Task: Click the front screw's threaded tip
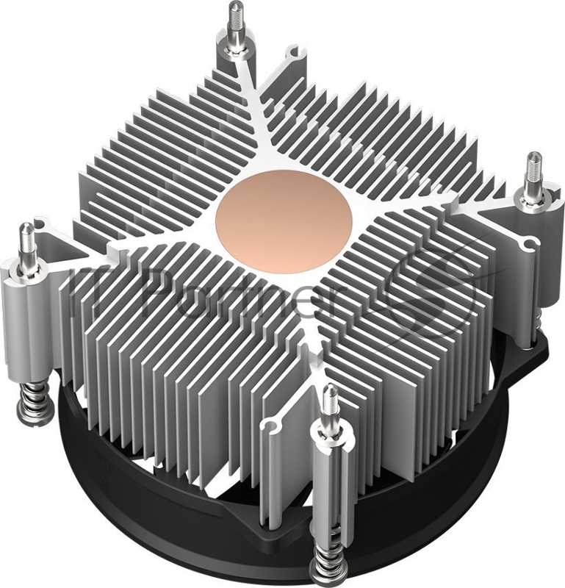[x=330, y=399]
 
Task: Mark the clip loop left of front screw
[x=275, y=424]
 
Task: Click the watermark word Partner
[x=220, y=294]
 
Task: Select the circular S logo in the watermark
[x=441, y=290]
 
